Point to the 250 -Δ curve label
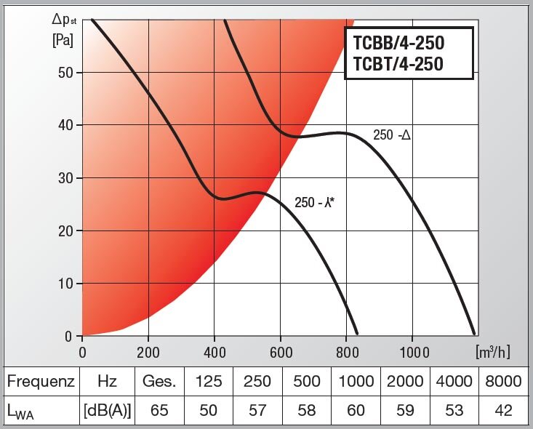click(x=392, y=135)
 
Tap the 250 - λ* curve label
click(x=314, y=203)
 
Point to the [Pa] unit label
click(x=63, y=40)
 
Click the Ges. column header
click(x=159, y=382)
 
